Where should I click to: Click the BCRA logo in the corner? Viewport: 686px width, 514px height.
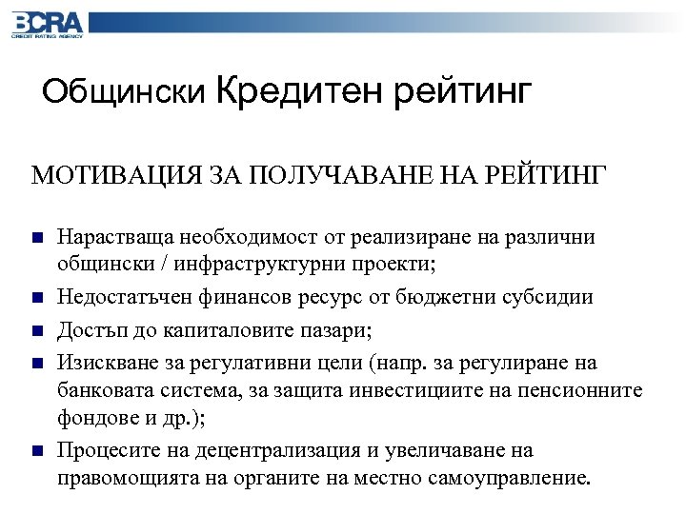pos(48,24)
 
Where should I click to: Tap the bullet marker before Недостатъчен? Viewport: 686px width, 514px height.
pos(35,298)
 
